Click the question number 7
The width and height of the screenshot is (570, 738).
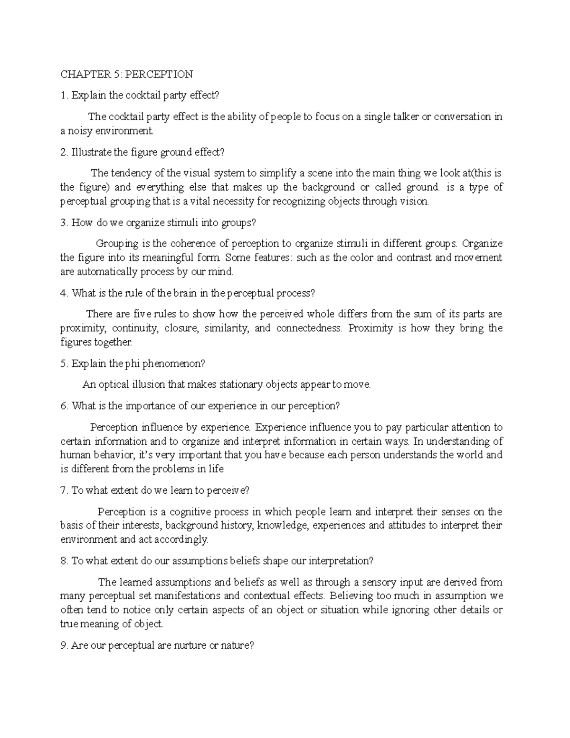(x=65, y=490)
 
